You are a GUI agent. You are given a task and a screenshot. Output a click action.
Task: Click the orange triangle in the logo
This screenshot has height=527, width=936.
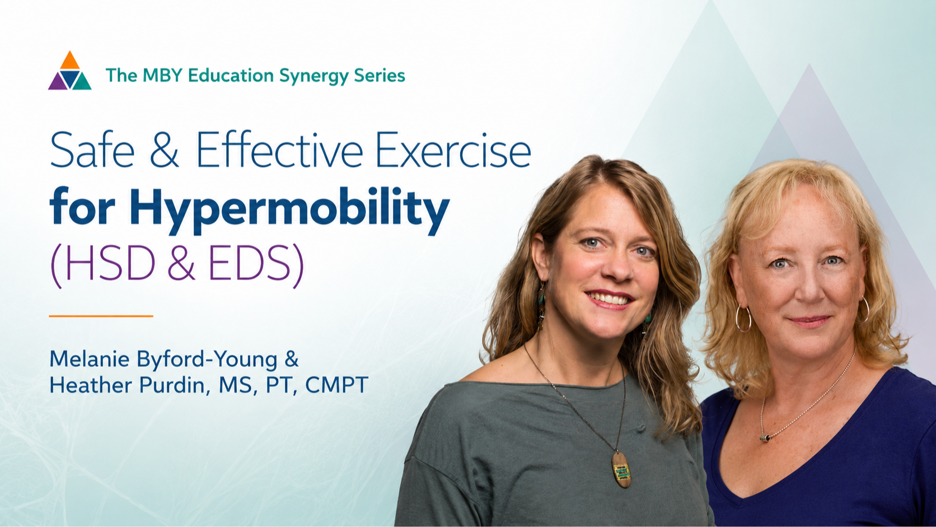click(x=70, y=62)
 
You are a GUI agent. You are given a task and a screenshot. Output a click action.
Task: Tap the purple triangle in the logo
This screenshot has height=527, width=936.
click(x=58, y=82)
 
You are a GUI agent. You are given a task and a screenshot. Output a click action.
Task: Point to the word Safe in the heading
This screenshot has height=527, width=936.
click(x=92, y=150)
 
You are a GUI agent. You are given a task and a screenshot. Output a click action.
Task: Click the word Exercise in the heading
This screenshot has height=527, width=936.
click(x=453, y=150)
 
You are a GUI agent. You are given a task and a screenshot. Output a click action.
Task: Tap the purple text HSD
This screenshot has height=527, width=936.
click(x=110, y=264)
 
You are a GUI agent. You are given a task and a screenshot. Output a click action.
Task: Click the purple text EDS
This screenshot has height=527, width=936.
click(x=249, y=264)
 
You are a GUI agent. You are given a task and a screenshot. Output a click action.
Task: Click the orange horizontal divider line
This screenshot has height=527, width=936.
click(x=101, y=316)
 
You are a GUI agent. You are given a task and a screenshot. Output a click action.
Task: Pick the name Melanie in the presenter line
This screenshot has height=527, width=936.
click(x=90, y=359)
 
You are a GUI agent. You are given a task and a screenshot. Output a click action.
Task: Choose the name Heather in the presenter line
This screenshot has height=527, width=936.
click(x=91, y=385)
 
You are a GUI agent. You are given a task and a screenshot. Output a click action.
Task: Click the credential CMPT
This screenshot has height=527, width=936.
click(x=337, y=385)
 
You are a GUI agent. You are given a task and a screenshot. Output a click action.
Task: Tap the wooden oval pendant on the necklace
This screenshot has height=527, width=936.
click(x=621, y=470)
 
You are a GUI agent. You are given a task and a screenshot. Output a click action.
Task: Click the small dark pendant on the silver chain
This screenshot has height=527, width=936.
click(x=765, y=438)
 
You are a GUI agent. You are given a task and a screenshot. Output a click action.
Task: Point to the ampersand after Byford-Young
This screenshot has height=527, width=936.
click(x=291, y=359)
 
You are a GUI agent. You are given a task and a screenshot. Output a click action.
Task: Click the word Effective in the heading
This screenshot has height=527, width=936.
click(x=279, y=150)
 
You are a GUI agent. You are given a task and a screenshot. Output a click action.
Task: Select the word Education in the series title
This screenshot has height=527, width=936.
click(x=231, y=75)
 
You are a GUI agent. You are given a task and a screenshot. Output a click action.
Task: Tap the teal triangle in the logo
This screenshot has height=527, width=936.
click(x=82, y=82)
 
